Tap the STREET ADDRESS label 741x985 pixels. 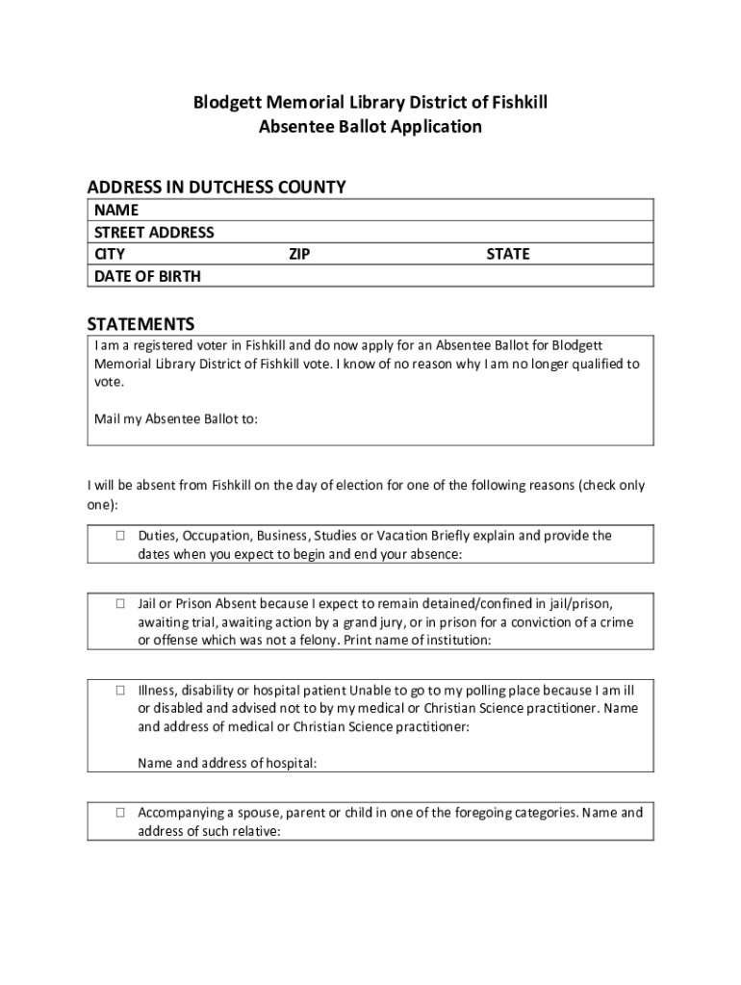154,232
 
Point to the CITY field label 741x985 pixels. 110,254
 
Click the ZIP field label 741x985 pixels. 299,254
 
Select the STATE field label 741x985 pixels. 508,254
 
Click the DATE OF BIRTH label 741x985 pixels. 147,276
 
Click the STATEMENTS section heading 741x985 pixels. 141,323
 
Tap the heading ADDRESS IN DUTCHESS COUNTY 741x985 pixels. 217,187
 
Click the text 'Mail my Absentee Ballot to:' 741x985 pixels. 176,419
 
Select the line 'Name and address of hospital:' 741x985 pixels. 227,764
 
